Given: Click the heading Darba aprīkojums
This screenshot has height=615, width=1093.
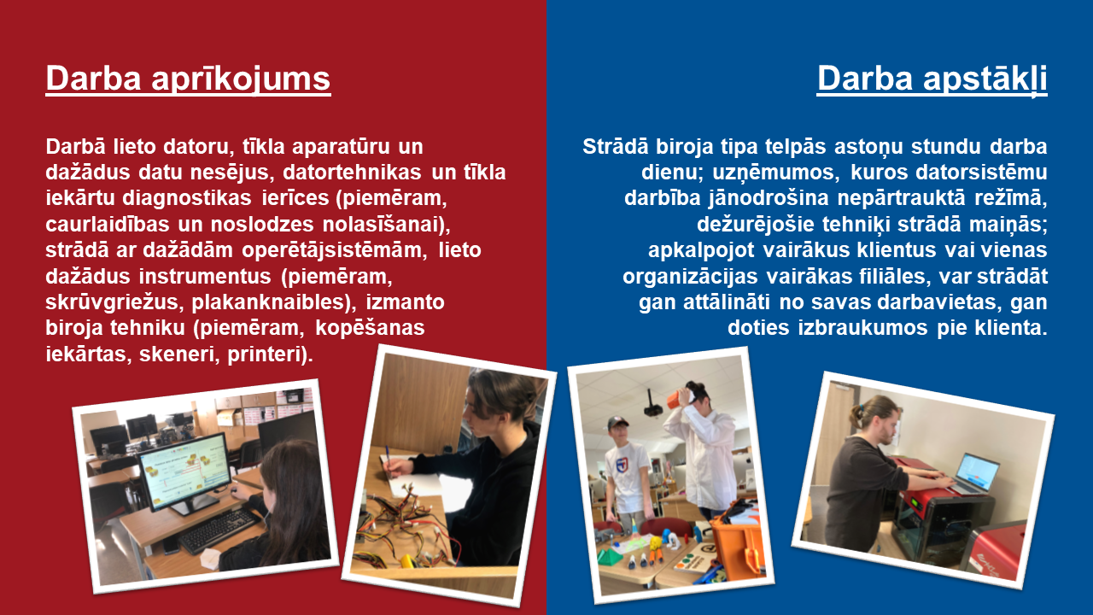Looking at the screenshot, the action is click(189, 79).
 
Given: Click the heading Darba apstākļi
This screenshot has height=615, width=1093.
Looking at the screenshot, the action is click(932, 79).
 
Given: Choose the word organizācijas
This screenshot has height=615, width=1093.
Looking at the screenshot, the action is click(690, 277).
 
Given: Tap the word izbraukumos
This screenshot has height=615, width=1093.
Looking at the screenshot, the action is click(862, 327).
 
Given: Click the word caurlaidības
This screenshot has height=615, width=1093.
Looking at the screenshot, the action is click(108, 225).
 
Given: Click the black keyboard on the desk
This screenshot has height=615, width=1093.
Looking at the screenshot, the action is click(218, 530).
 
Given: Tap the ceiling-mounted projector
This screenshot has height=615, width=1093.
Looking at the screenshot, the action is click(653, 406).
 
